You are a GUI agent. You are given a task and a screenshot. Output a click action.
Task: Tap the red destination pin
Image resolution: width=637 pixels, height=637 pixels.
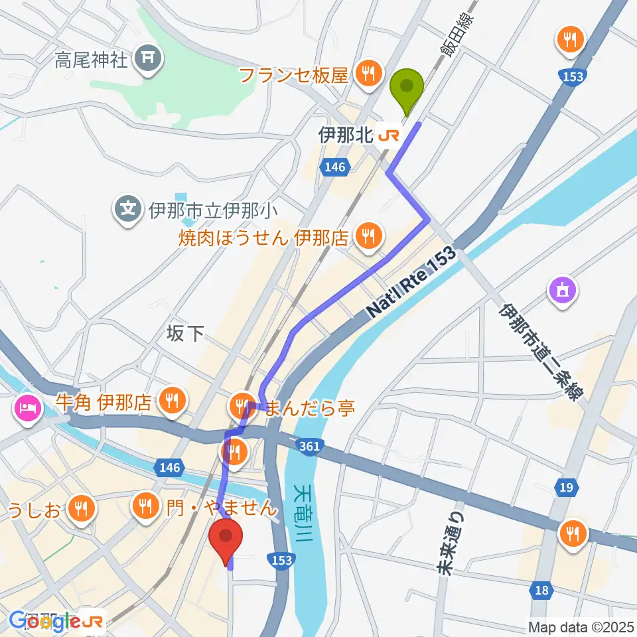[226, 538]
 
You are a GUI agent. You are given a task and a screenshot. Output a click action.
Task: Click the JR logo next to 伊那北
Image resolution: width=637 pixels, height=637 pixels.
[389, 135]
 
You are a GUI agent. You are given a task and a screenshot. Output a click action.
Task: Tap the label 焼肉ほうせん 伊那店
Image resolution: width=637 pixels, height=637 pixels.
[263, 237]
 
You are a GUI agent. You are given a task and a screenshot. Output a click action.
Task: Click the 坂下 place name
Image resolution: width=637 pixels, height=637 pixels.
[185, 334]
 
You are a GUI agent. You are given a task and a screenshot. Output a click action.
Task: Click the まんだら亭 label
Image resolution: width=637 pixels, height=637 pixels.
[310, 407]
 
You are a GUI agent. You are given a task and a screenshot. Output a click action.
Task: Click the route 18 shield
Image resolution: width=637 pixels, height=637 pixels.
[542, 590]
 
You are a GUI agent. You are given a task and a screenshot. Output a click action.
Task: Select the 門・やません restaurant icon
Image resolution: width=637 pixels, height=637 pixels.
[144, 508]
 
